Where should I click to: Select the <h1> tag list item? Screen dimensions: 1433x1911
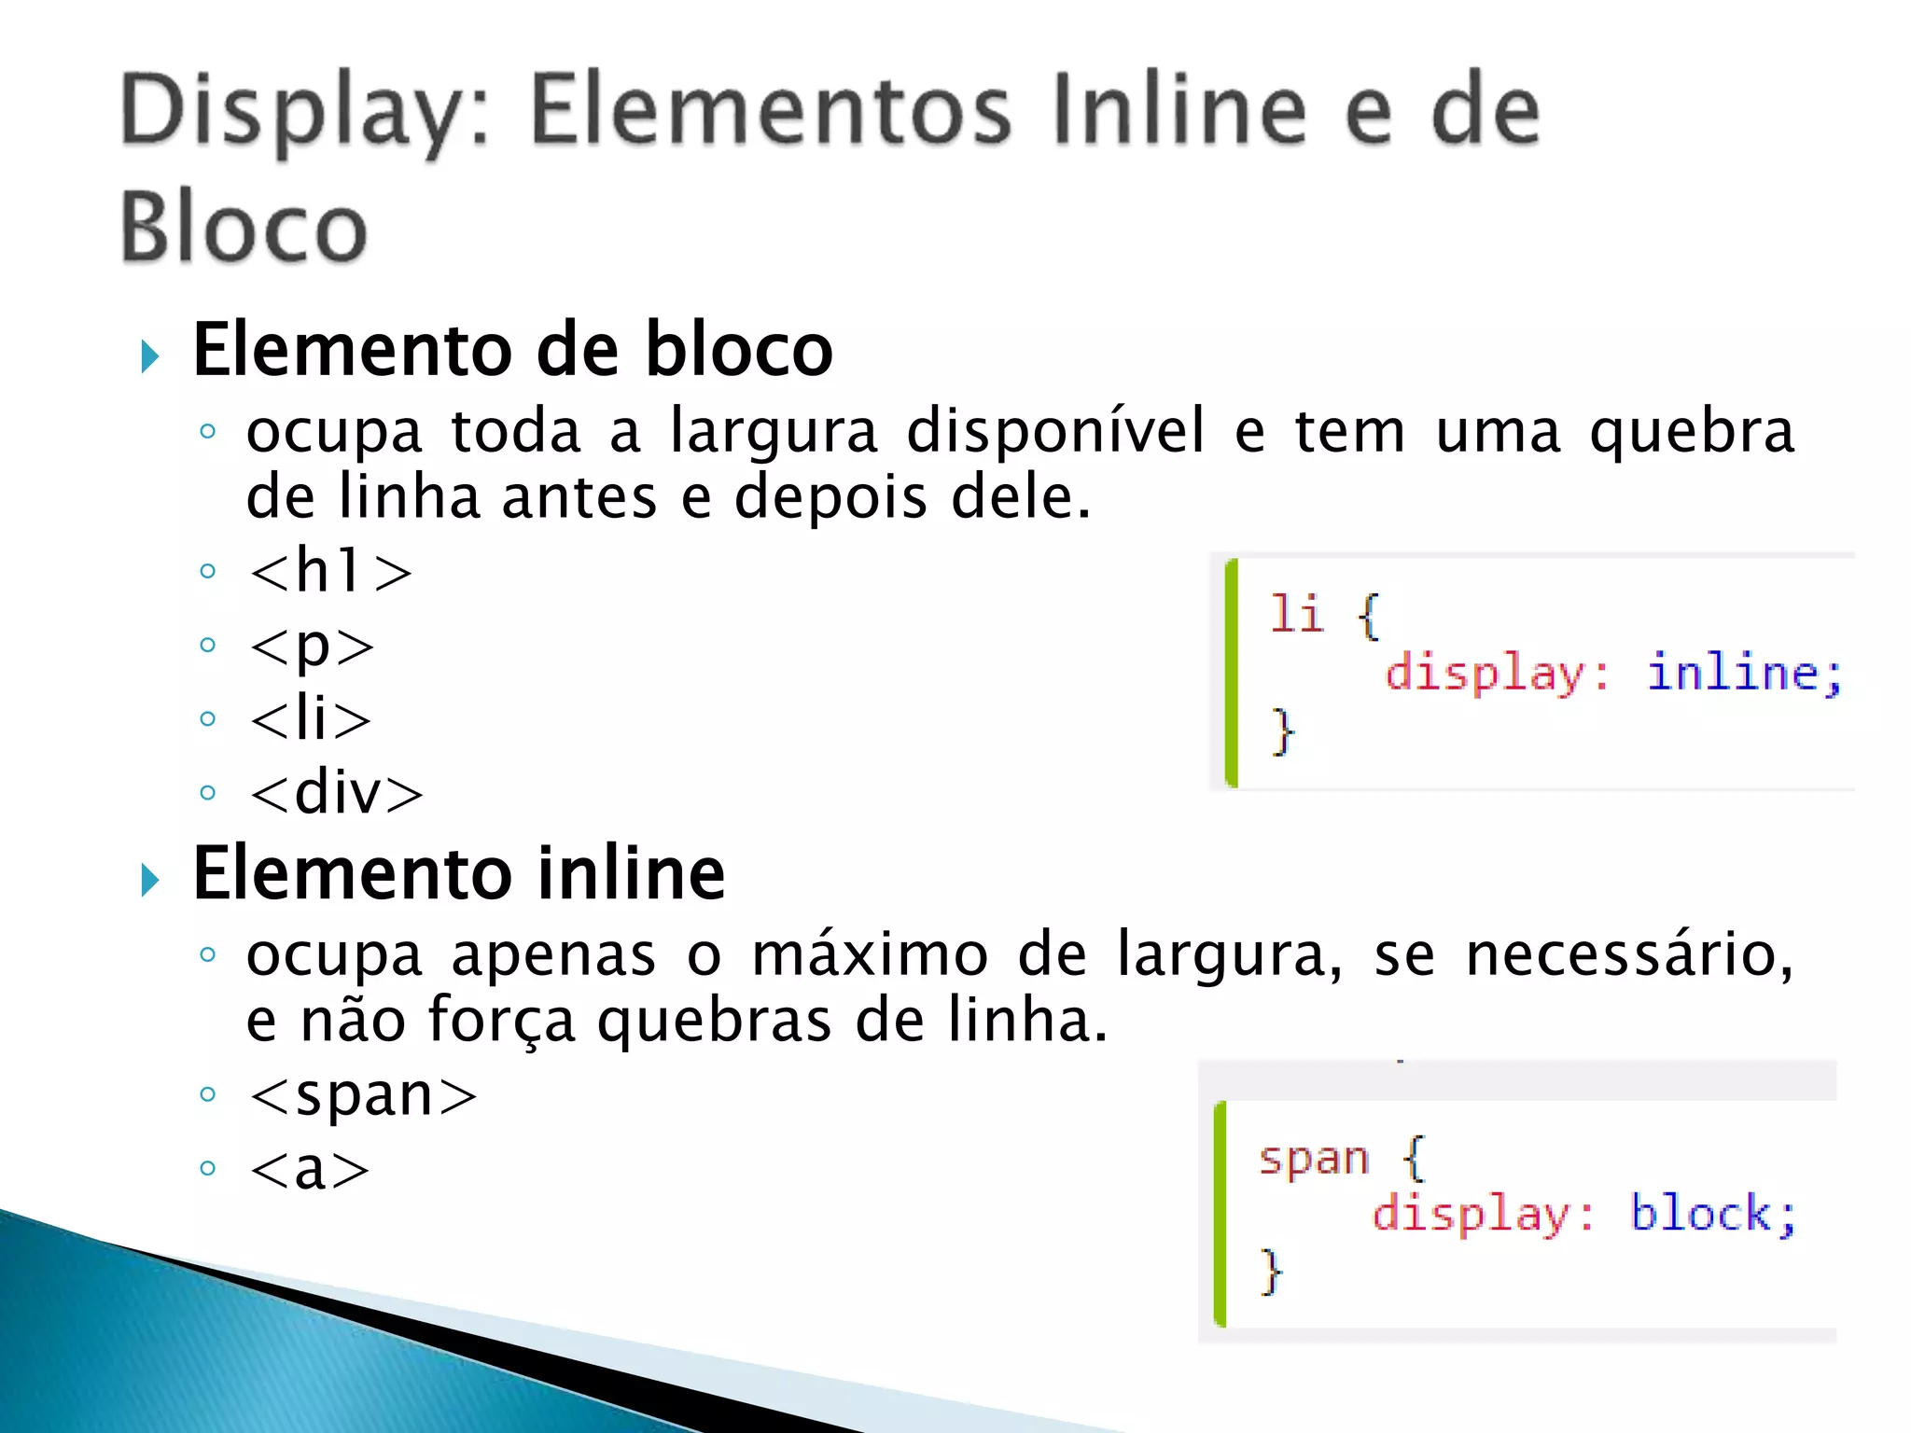pyautogui.click(x=330, y=570)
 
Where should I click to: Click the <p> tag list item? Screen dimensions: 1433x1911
pyautogui.click(x=312, y=645)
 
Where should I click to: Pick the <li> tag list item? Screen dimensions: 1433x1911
pyautogui.click(x=311, y=718)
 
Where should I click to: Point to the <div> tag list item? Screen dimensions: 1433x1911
pyautogui.click(x=336, y=793)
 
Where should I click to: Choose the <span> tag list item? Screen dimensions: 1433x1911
pyautogui.click(x=363, y=1094)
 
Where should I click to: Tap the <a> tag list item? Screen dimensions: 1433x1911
pyautogui.click(x=309, y=1168)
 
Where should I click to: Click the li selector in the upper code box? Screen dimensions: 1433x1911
pyautogui.click(x=1296, y=614)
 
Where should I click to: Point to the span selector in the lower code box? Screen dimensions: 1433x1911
pyautogui.click(x=1314, y=1159)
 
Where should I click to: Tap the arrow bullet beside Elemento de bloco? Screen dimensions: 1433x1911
pyautogui.click(x=149, y=356)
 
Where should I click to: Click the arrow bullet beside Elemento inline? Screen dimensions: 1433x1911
pyautogui.click(x=149, y=880)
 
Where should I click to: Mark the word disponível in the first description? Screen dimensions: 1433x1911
pyautogui.click(x=1055, y=432)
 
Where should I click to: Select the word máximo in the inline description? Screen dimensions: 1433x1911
pyautogui.click(x=869, y=955)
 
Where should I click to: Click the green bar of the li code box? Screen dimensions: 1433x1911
pyautogui.click(x=1232, y=673)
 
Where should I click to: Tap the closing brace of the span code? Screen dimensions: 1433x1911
pyautogui.click(x=1270, y=1271)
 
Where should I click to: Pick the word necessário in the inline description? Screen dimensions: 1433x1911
pyautogui.click(x=1629, y=955)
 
